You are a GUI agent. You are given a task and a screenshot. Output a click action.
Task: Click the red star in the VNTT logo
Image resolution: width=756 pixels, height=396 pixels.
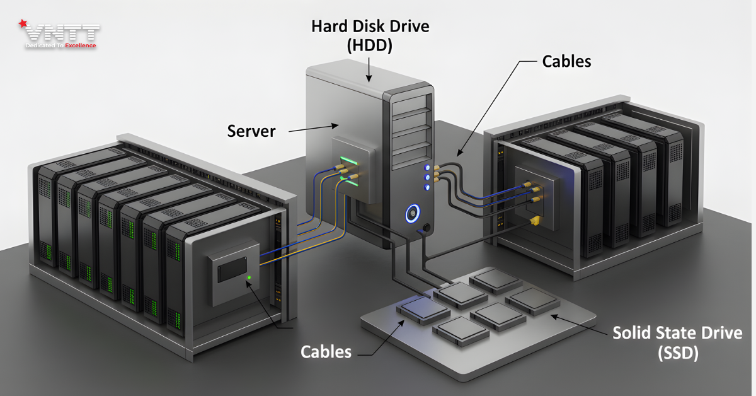(x=23, y=25)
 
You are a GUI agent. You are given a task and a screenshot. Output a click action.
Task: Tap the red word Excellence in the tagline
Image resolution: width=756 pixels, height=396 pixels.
(x=81, y=46)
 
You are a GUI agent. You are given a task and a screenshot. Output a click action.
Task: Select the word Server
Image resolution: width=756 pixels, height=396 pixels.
(x=251, y=131)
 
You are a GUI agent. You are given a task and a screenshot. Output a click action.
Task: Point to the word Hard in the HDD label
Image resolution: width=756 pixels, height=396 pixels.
(x=328, y=26)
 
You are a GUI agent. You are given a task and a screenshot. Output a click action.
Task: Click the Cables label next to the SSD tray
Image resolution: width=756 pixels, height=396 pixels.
(x=326, y=351)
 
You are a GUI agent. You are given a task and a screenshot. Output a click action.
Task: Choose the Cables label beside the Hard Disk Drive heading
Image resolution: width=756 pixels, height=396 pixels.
(x=566, y=61)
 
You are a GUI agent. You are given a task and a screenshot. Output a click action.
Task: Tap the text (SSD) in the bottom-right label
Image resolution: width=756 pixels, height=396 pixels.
(x=677, y=354)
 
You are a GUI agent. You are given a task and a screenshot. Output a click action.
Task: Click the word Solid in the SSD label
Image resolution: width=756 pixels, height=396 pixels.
(x=633, y=333)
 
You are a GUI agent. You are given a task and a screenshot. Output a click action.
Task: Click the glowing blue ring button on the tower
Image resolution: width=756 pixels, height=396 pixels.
(x=412, y=214)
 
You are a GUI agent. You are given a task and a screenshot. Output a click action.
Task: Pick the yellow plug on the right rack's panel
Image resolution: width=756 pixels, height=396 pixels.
(x=534, y=220)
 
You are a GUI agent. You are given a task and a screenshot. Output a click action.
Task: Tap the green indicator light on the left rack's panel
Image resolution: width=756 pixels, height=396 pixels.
(x=249, y=277)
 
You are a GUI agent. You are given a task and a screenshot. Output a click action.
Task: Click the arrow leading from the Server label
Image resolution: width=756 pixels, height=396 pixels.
(x=306, y=129)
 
